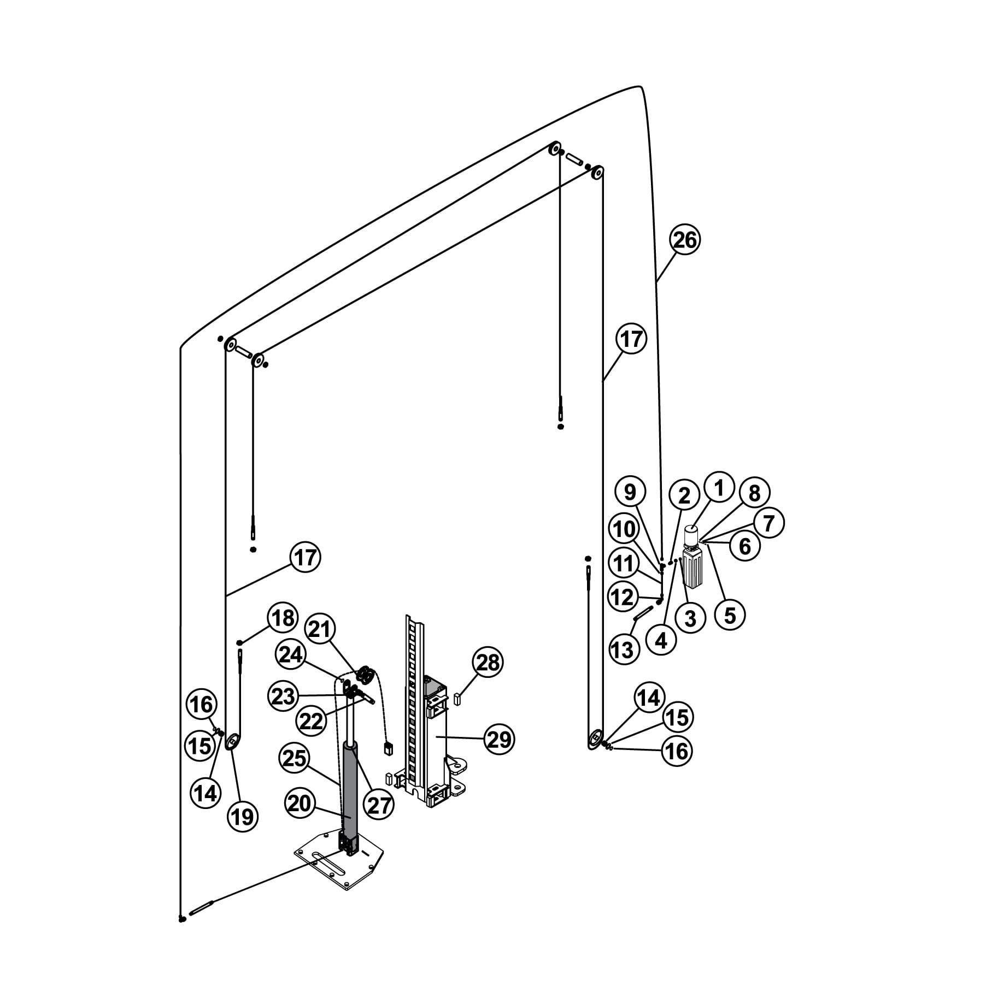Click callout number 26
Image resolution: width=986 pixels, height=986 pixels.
tap(685, 240)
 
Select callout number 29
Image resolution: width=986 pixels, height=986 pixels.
tap(499, 740)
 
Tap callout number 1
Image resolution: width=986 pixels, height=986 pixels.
tap(719, 487)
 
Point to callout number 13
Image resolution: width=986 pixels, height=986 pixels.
tap(623, 650)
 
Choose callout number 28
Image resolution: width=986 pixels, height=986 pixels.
tap(488, 663)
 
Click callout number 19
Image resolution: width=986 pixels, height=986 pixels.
tap(243, 817)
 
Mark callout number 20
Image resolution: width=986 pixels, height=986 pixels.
tap(299, 803)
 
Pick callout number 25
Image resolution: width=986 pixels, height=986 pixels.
tap(295, 758)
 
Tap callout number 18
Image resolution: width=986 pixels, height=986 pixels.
tap(283, 618)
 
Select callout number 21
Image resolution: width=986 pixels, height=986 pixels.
tap(320, 629)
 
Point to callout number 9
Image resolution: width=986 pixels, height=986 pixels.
tap(630, 492)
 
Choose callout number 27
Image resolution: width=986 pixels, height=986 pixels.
tap(379, 805)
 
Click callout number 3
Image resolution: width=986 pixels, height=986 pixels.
tap(690, 618)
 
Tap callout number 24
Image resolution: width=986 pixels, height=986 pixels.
tap(291, 654)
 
